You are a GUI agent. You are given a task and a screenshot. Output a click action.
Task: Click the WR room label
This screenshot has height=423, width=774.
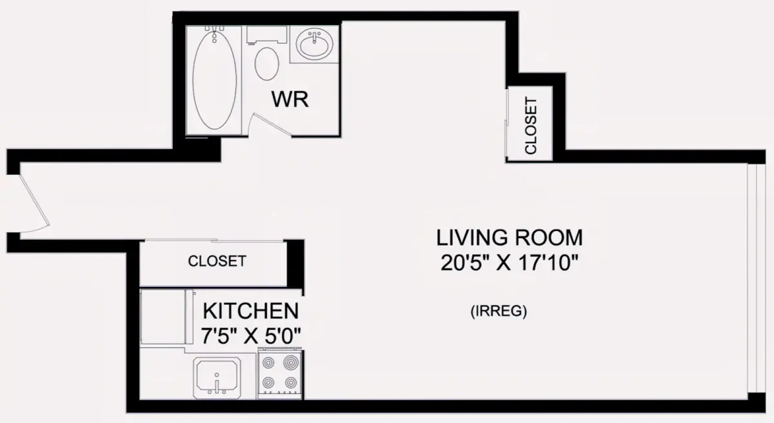point(290,99)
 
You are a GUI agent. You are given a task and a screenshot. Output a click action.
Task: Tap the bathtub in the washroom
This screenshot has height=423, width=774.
point(215,81)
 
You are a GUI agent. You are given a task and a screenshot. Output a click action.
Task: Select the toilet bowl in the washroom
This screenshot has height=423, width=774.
point(267,64)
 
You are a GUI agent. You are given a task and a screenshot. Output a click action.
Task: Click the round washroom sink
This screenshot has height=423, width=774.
point(314,44)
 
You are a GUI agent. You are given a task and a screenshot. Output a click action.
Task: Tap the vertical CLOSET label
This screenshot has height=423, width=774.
point(531,125)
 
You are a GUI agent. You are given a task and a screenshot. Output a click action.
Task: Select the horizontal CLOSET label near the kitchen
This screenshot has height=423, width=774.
point(217,261)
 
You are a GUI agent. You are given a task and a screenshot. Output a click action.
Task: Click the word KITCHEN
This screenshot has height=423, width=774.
point(251,311)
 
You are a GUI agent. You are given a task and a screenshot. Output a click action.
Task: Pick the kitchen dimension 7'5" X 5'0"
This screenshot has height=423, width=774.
point(251,336)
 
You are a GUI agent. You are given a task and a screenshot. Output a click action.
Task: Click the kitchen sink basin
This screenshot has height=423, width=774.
point(217,378)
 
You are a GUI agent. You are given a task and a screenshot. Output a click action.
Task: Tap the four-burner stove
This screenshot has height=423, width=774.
point(279,373)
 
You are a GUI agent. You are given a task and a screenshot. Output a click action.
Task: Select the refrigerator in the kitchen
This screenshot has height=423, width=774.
point(166,317)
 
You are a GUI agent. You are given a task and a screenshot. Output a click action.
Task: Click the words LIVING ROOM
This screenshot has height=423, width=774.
point(510,237)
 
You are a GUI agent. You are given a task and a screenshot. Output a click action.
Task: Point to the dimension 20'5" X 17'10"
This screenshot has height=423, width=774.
point(510,263)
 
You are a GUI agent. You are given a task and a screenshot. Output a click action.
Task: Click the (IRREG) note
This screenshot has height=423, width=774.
point(499,311)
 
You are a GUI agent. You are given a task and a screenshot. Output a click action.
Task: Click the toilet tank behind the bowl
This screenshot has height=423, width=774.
point(267,35)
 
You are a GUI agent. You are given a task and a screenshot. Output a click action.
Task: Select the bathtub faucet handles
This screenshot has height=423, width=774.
point(215,28)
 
